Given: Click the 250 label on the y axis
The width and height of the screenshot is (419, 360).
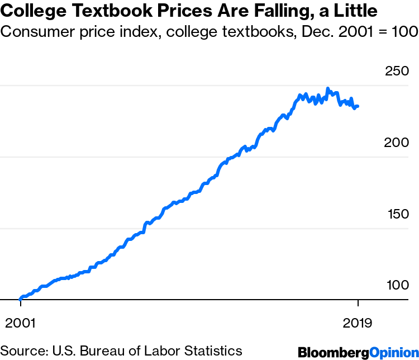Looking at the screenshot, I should point(397,72).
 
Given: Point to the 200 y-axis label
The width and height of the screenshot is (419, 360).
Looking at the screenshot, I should point(397,143).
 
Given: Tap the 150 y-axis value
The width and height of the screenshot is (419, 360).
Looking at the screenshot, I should point(397,215).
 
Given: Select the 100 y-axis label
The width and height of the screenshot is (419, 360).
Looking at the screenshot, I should point(397,286).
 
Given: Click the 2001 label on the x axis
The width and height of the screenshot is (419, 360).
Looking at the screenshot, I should point(21,324).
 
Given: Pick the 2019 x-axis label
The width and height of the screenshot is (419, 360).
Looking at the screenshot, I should point(358,324).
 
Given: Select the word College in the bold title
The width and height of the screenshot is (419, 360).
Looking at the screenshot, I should point(33,11).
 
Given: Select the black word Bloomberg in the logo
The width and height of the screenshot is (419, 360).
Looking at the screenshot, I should point(334,352).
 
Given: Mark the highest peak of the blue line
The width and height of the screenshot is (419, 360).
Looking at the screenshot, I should point(328,88).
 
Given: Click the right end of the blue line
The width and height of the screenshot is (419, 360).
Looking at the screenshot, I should point(358,106).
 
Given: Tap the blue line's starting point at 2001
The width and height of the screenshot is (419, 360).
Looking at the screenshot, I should point(21,299).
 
